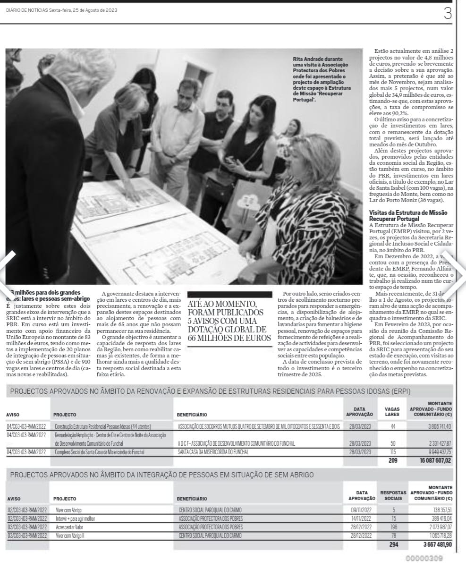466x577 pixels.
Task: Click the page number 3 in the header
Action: [x=448, y=13]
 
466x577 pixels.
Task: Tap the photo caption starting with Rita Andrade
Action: [x=320, y=76]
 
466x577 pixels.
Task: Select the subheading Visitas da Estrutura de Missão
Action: [x=408, y=216]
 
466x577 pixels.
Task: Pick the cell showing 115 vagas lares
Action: [x=392, y=452]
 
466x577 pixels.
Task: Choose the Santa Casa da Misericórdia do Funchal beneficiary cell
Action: [x=213, y=452]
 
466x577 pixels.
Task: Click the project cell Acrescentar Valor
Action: [x=69, y=527]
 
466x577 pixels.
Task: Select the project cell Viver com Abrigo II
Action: [x=71, y=535]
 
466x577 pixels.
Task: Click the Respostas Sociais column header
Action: [x=393, y=495]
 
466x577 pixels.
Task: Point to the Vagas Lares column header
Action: [x=392, y=411]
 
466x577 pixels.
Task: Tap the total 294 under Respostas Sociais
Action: [x=394, y=544]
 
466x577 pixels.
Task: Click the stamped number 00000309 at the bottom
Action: [x=424, y=559]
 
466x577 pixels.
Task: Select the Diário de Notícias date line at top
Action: [x=62, y=10]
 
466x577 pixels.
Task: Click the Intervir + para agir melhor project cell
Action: [x=76, y=518]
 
